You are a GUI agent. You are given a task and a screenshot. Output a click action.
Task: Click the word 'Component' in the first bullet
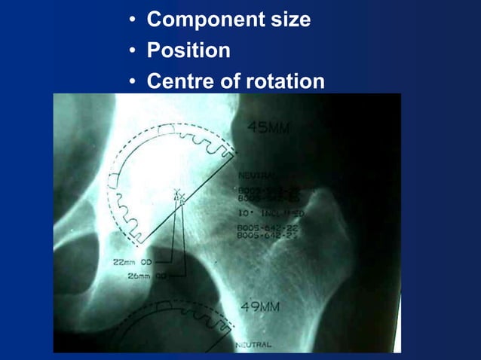coord(196,20)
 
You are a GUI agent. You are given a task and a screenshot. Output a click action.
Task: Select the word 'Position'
coord(188,50)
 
